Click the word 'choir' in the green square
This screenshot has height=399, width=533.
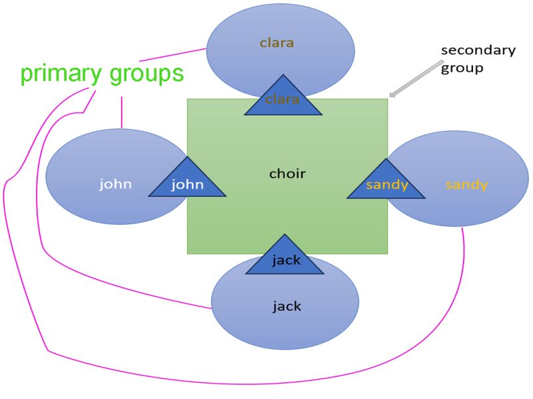tap(287, 174)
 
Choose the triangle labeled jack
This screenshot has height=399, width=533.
tap(285, 259)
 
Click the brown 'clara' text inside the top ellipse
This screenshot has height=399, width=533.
tap(276, 43)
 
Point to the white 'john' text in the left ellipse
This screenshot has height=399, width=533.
tap(115, 184)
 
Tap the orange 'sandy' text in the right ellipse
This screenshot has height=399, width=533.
tap(466, 184)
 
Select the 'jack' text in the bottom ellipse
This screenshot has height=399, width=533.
tap(286, 307)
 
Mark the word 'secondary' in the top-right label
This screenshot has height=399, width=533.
tap(478, 51)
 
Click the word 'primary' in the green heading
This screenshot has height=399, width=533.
tap(58, 74)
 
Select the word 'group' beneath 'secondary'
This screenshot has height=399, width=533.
tap(462, 68)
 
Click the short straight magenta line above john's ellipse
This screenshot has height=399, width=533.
tap(121, 112)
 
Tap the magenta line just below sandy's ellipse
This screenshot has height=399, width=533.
tap(463, 253)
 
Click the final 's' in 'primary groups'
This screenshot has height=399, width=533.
tap(177, 74)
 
